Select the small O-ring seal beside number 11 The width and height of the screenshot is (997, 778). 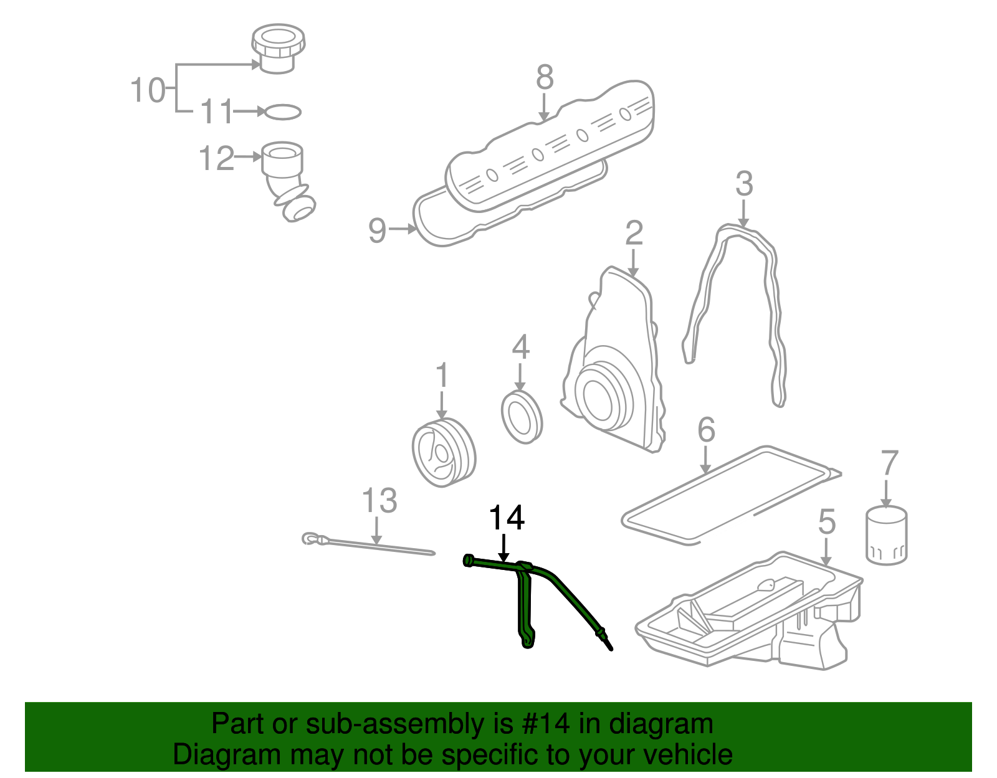tap(282, 112)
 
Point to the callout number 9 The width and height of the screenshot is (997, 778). tap(378, 230)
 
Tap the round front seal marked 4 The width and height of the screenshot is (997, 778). tap(522, 417)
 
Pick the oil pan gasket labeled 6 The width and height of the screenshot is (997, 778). tap(729, 492)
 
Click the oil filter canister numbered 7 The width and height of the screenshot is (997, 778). tap(886, 536)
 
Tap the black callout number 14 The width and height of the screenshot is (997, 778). tap(507, 518)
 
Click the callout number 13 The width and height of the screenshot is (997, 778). tap(379, 501)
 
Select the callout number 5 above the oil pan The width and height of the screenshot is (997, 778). tap(826, 521)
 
